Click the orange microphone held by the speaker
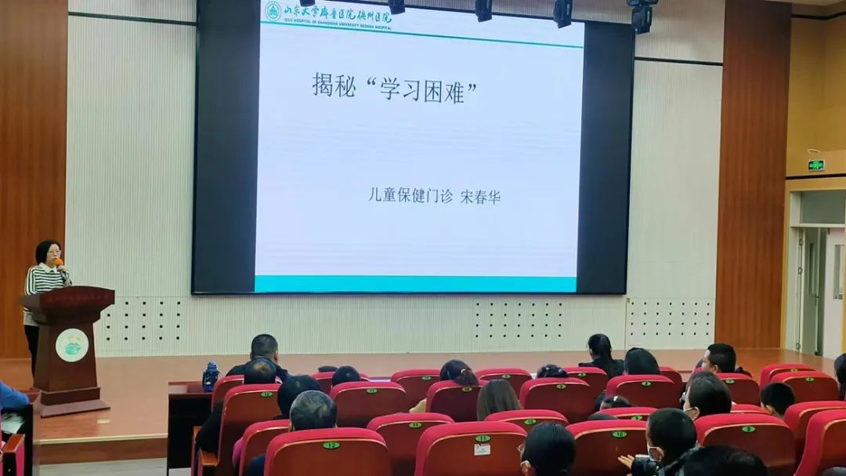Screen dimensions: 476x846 (x=60, y=265)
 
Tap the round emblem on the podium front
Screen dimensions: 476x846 (x=71, y=345)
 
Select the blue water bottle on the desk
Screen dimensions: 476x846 (x=210, y=377)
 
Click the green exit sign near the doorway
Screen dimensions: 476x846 (x=816, y=165)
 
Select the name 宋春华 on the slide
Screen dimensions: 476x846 (x=480, y=196)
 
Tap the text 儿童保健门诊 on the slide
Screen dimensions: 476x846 (x=410, y=195)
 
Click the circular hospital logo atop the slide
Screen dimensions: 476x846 (x=272, y=11)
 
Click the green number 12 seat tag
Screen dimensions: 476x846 (x=331, y=445)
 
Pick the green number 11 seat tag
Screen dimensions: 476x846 (x=483, y=438)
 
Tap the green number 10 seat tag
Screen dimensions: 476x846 (x=619, y=434)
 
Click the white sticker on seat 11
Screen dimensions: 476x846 (x=482, y=449)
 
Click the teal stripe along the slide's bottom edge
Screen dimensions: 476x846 (x=415, y=284)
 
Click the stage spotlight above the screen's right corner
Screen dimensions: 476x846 (x=642, y=16)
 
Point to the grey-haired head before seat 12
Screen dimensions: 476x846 (x=313, y=410)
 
